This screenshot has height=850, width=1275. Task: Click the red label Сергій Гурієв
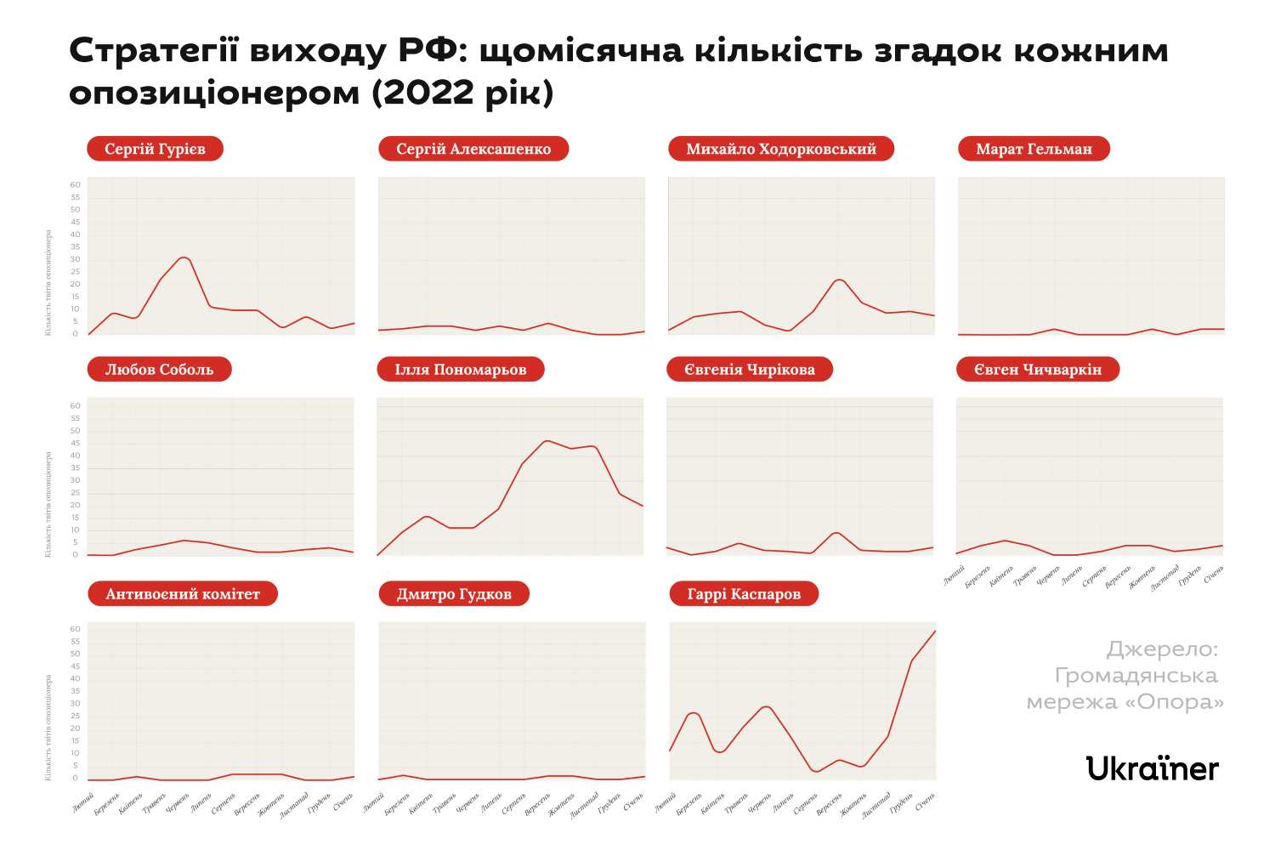pyautogui.click(x=155, y=149)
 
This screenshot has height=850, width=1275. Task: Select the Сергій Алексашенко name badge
pyautogui.click(x=473, y=149)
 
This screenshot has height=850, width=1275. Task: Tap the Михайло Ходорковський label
pyautogui.click(x=781, y=149)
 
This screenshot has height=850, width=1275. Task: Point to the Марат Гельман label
pyautogui.click(x=1034, y=149)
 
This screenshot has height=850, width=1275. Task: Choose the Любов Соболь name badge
pyautogui.click(x=159, y=369)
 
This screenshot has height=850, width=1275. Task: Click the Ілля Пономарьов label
pyautogui.click(x=461, y=369)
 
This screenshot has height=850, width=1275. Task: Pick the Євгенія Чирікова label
pyautogui.click(x=750, y=369)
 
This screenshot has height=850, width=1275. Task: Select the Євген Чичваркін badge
pyautogui.click(x=1038, y=369)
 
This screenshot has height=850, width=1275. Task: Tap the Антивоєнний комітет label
pyautogui.click(x=183, y=593)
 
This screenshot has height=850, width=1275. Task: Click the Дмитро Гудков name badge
pyautogui.click(x=454, y=593)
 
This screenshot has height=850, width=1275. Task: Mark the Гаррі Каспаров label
pyautogui.click(x=744, y=593)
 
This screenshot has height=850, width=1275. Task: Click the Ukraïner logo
pyautogui.click(x=1153, y=768)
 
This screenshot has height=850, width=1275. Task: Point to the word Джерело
pyautogui.click(x=1162, y=649)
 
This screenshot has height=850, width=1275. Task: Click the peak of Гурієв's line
pyautogui.click(x=184, y=257)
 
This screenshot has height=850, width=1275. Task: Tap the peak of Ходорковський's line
pyautogui.click(x=840, y=280)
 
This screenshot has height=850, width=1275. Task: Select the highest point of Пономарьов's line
pyautogui.click(x=547, y=441)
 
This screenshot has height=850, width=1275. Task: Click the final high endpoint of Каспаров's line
pyautogui.click(x=935, y=631)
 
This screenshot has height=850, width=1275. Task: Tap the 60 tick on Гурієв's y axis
pyautogui.click(x=76, y=185)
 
